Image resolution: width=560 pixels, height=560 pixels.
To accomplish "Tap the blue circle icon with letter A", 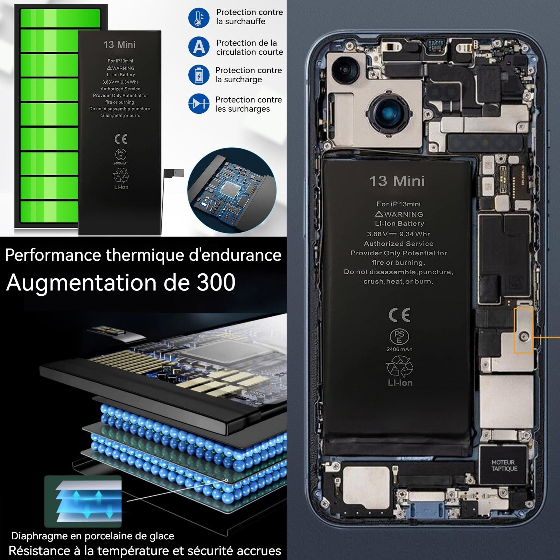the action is (x=199, y=47).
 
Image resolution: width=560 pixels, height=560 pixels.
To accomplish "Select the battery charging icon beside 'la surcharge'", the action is (x=199, y=75).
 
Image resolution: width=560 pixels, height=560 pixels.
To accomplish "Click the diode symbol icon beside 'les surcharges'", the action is (x=199, y=104).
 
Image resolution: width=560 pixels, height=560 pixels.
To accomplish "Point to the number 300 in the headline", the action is (x=216, y=282).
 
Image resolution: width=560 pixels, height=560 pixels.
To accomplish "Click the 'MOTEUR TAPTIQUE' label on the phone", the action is (x=504, y=465).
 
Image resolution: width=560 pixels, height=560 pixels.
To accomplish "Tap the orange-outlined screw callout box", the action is (x=523, y=330).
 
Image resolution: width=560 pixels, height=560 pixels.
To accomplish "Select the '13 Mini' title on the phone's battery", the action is (x=397, y=181).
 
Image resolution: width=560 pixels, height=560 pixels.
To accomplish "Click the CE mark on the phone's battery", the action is (x=399, y=315).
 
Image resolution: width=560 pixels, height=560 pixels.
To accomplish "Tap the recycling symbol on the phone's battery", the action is (x=399, y=366).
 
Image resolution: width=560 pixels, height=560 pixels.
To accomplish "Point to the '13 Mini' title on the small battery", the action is (x=119, y=45).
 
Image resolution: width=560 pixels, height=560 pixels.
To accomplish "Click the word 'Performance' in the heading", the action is (x=53, y=255).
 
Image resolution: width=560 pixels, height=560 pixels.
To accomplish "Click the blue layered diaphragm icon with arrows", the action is (x=83, y=501).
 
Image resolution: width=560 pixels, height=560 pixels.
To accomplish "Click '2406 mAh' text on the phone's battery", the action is (x=399, y=349).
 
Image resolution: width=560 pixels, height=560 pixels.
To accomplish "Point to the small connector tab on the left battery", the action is (x=174, y=173).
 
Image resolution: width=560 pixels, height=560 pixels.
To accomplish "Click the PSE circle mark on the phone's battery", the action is (x=399, y=336).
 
